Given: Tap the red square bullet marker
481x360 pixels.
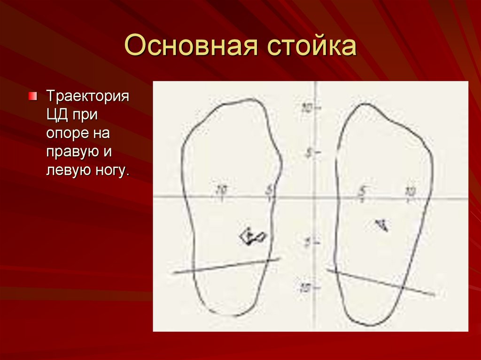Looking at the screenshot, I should click(x=32, y=96).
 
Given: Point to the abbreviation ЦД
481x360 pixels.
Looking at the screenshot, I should click(x=57, y=115).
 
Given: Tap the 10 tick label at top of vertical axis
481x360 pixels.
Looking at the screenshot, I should click(x=307, y=108).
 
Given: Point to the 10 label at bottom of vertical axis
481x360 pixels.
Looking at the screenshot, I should click(x=306, y=287).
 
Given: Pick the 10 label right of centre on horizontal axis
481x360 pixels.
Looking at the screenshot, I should click(x=410, y=191).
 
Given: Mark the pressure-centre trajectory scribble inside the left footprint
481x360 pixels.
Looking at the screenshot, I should click(x=252, y=236).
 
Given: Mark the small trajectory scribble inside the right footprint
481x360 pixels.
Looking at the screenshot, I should click(x=382, y=225).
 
